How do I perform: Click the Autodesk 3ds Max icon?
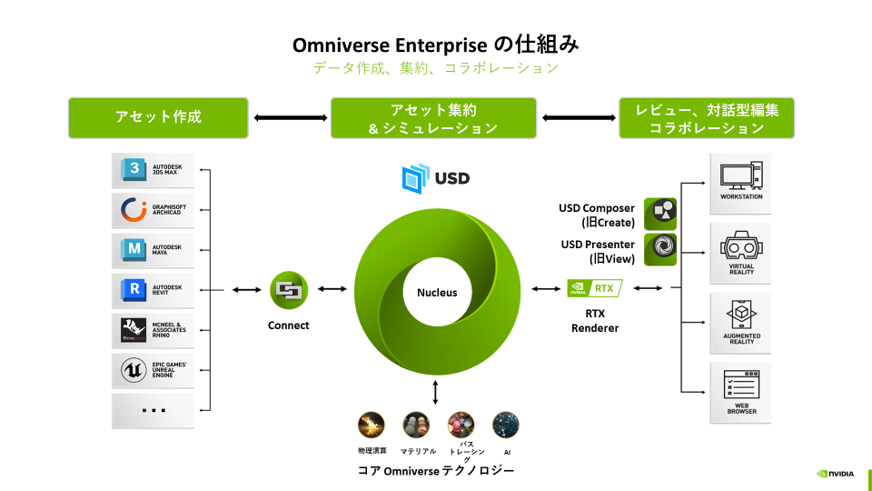(x=134, y=171)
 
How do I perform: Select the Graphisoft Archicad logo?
(x=134, y=211)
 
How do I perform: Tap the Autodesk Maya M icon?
(x=134, y=250)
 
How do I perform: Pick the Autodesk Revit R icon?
(x=134, y=290)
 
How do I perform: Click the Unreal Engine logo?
(x=134, y=370)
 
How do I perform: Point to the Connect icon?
(x=288, y=291)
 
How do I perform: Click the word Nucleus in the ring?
(x=437, y=293)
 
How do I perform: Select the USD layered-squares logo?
(x=416, y=178)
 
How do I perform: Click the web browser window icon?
(x=740, y=386)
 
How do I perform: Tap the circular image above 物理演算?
(x=372, y=425)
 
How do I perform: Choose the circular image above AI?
(x=505, y=425)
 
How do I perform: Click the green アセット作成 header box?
(x=158, y=117)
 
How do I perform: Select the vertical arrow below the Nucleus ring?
(x=437, y=392)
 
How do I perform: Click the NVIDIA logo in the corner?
(x=836, y=474)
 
